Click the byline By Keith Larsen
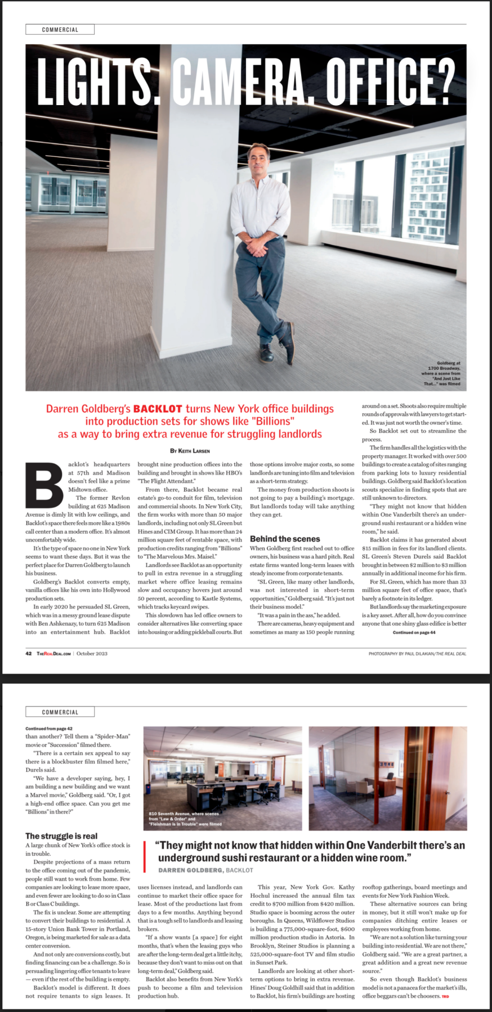point(190,451)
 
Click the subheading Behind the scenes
point(285,539)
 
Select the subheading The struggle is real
point(61,836)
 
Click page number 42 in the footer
point(29,653)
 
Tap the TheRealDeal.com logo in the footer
point(54,653)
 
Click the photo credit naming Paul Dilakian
point(417,653)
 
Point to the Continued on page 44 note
point(414,632)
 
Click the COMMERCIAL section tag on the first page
point(60,30)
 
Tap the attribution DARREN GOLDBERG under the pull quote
point(190,870)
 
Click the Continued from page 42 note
point(49,729)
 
